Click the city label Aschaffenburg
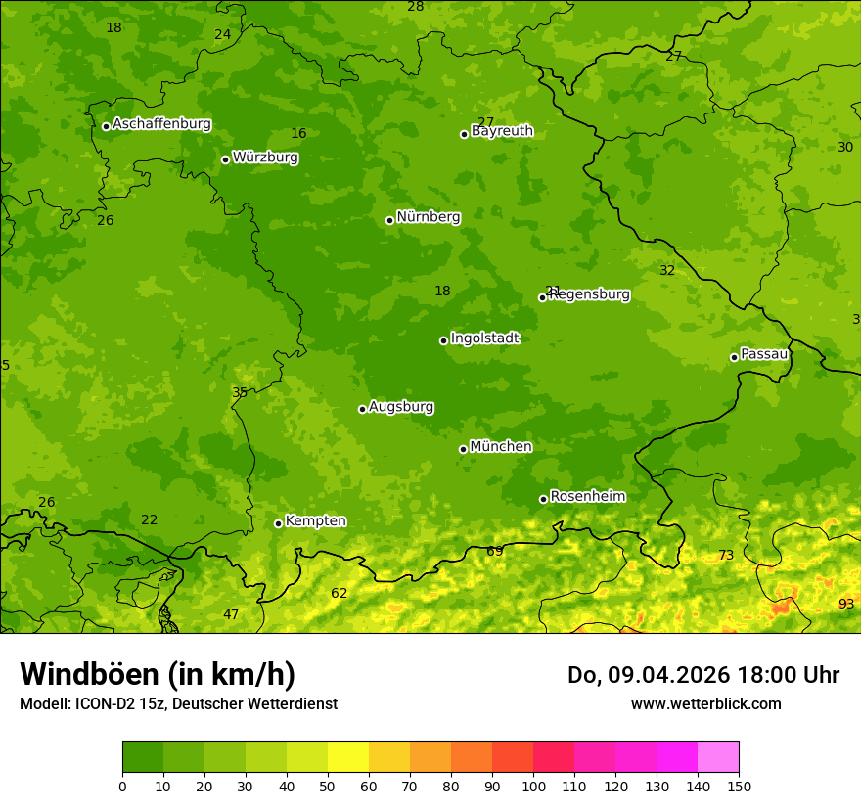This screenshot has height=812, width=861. (x=161, y=124)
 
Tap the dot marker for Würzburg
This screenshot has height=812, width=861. (x=225, y=159)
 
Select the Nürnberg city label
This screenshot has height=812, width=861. (x=428, y=217)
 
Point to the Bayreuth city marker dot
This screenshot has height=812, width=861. (x=464, y=134)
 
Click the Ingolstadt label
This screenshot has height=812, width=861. (x=484, y=338)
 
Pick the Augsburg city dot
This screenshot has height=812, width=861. (x=362, y=409)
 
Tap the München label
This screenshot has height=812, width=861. (x=501, y=447)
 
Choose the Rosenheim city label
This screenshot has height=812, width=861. (x=587, y=497)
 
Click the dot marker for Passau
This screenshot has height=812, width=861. (x=734, y=357)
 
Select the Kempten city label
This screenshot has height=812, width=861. (x=315, y=521)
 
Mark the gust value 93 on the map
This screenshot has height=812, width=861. (x=846, y=605)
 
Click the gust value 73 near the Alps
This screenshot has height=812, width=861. (x=726, y=556)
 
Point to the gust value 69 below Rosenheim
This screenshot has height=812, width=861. (x=495, y=552)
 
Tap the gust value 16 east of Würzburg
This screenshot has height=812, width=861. (x=298, y=134)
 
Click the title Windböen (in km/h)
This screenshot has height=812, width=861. (x=158, y=674)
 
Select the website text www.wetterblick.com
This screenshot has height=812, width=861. (x=705, y=704)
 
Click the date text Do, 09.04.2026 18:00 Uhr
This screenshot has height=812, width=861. (x=702, y=675)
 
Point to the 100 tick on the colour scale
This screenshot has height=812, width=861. (x=533, y=786)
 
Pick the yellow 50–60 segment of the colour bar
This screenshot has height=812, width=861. (x=348, y=757)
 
